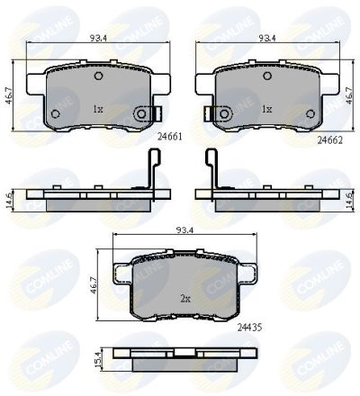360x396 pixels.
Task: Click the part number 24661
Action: pyautogui.click(x=170, y=137)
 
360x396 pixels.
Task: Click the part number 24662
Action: pyautogui.click(x=330, y=140)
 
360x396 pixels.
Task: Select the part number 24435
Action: pyautogui.click(x=249, y=328)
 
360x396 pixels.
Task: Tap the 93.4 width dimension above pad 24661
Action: pyautogui.click(x=99, y=38)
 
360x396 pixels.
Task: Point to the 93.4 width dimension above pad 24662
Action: pyautogui.click(x=267, y=38)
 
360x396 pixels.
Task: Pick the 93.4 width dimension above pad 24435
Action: pyautogui.click(x=184, y=230)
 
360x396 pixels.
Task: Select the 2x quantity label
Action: pyautogui.click(x=185, y=299)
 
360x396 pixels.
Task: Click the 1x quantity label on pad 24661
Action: pyautogui.click(x=98, y=109)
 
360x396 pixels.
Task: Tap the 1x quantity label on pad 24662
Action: pyautogui.click(x=267, y=109)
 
